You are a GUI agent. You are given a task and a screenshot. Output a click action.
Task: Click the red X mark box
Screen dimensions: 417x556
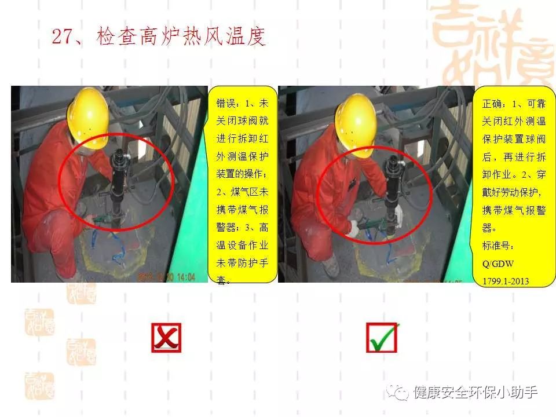click(x=166, y=338)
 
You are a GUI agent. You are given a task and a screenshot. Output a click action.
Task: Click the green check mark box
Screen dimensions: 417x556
click(x=382, y=338)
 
